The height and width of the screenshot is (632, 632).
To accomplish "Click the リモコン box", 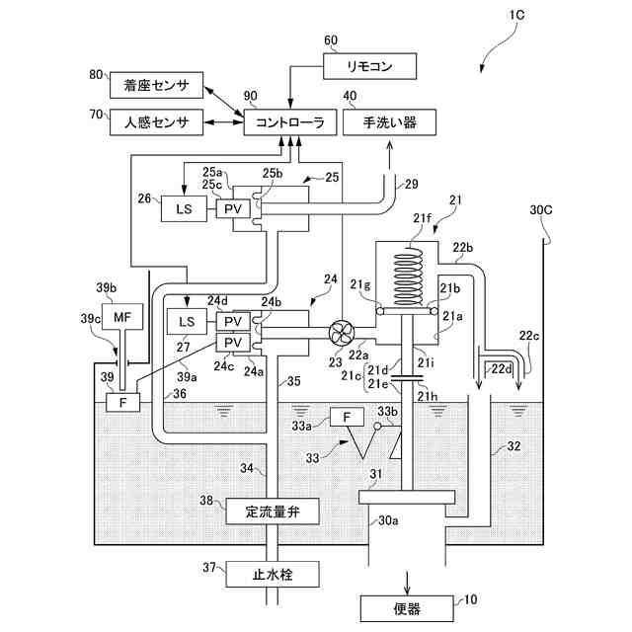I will pos(371,67).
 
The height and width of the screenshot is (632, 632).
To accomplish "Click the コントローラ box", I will pos(289,122).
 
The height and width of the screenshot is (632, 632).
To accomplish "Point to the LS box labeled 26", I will pos(184,209).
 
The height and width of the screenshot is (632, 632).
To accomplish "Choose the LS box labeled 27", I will pos(186,322).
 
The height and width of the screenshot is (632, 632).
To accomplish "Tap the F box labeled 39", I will pos(124,402).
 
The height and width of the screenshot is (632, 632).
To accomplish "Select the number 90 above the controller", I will pos(250,96).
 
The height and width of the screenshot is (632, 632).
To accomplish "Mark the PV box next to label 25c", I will pos(234,209).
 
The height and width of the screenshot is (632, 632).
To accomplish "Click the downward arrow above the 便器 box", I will pos(406,577).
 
